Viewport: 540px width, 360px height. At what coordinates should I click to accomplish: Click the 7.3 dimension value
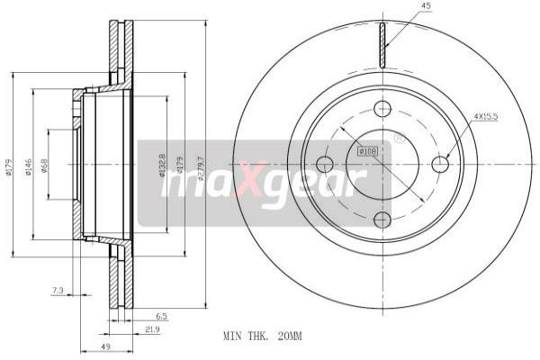[x=58, y=290]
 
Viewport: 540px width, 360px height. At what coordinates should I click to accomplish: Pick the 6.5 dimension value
[x=161, y=316]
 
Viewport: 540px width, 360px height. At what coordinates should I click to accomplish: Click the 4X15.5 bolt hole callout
[x=487, y=116]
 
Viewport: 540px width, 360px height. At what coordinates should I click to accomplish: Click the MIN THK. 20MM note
[x=262, y=335]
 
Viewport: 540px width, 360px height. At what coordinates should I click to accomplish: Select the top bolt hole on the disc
[x=382, y=110]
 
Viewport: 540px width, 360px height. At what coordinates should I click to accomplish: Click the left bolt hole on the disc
[x=325, y=164]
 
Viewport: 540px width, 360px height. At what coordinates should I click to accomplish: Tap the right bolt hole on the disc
[x=440, y=164]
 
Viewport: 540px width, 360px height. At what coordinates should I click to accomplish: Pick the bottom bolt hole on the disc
[x=382, y=220]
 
